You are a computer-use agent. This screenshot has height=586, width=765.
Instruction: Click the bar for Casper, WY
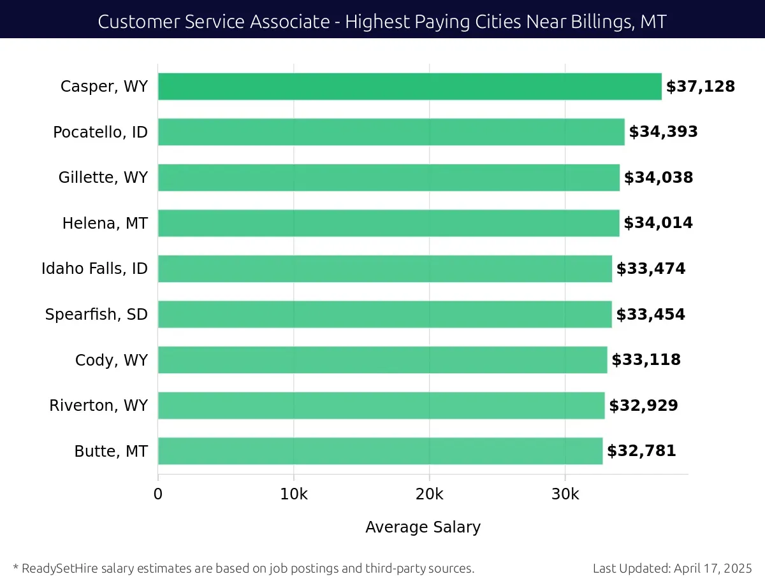click(409, 87)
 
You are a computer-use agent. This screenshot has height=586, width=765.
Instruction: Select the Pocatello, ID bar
click(391, 132)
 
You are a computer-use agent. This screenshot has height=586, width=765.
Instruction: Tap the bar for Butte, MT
click(380, 451)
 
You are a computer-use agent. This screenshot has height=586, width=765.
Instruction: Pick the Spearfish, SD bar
click(384, 314)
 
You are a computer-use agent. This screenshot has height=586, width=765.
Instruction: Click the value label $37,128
click(700, 87)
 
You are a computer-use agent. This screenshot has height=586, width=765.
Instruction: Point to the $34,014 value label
click(658, 223)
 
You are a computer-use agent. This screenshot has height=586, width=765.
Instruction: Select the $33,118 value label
click(646, 360)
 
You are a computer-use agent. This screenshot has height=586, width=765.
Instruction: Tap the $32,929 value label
click(643, 405)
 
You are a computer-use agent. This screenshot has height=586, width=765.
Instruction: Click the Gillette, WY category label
click(103, 178)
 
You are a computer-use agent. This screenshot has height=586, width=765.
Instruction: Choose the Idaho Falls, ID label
click(94, 269)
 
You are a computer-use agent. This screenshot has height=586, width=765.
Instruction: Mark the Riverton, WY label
click(98, 405)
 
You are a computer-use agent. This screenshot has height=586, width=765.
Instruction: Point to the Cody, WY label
click(111, 360)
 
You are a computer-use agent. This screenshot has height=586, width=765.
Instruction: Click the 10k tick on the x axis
click(293, 494)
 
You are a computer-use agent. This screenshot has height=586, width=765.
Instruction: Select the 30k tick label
click(565, 494)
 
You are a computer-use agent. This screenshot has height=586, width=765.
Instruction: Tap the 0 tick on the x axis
click(158, 494)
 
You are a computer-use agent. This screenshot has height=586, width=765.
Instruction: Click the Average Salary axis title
click(423, 527)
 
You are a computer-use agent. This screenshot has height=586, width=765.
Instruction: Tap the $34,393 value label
click(663, 132)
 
